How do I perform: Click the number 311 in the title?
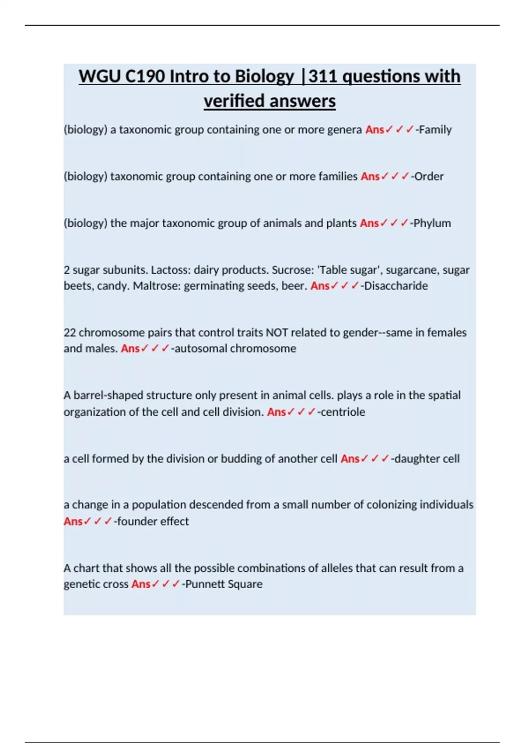[x=324, y=76]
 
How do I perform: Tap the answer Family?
[x=435, y=130]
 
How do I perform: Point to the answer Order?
[x=429, y=177]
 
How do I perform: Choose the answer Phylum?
[x=432, y=223]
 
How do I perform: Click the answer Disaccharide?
[x=396, y=286]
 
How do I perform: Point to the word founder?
[x=136, y=521]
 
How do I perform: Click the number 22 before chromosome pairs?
[x=70, y=333]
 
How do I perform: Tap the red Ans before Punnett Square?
[x=141, y=584]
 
